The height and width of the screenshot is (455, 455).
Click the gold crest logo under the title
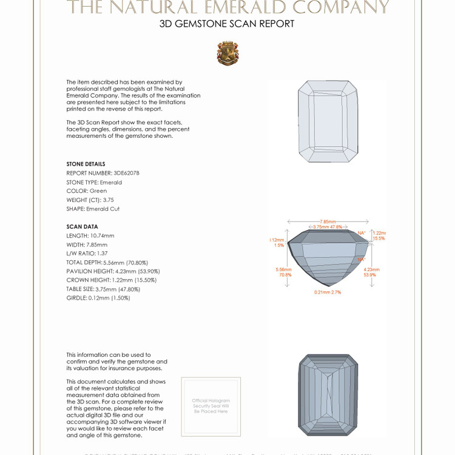click(227, 53)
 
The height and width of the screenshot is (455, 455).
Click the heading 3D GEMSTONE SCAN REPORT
click(227, 24)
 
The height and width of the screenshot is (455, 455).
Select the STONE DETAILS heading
click(86, 164)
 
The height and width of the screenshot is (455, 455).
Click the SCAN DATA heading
click(82, 227)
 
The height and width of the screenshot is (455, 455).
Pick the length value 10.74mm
click(102, 235)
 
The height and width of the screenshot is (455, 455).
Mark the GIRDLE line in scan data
click(98, 298)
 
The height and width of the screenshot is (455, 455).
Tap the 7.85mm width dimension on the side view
click(328, 222)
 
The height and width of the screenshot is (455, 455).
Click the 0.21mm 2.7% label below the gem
click(328, 292)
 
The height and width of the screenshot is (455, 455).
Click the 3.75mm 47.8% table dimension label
click(328, 227)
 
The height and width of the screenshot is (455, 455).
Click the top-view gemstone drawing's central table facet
click(328, 121)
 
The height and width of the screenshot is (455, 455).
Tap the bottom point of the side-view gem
click(328, 285)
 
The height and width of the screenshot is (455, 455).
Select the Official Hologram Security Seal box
click(211, 406)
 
